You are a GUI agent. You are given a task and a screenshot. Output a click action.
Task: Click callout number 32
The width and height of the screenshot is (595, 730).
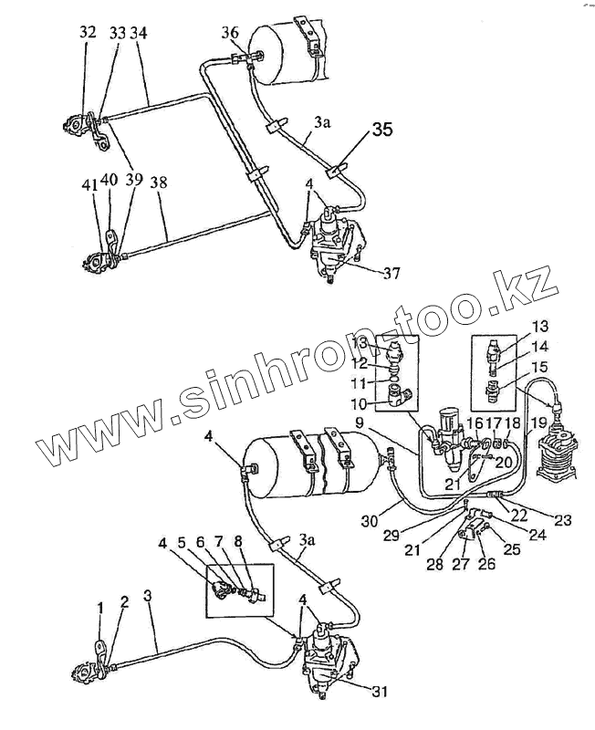point(88,33)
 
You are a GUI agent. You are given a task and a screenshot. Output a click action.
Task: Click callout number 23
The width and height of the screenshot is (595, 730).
point(563,522)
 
